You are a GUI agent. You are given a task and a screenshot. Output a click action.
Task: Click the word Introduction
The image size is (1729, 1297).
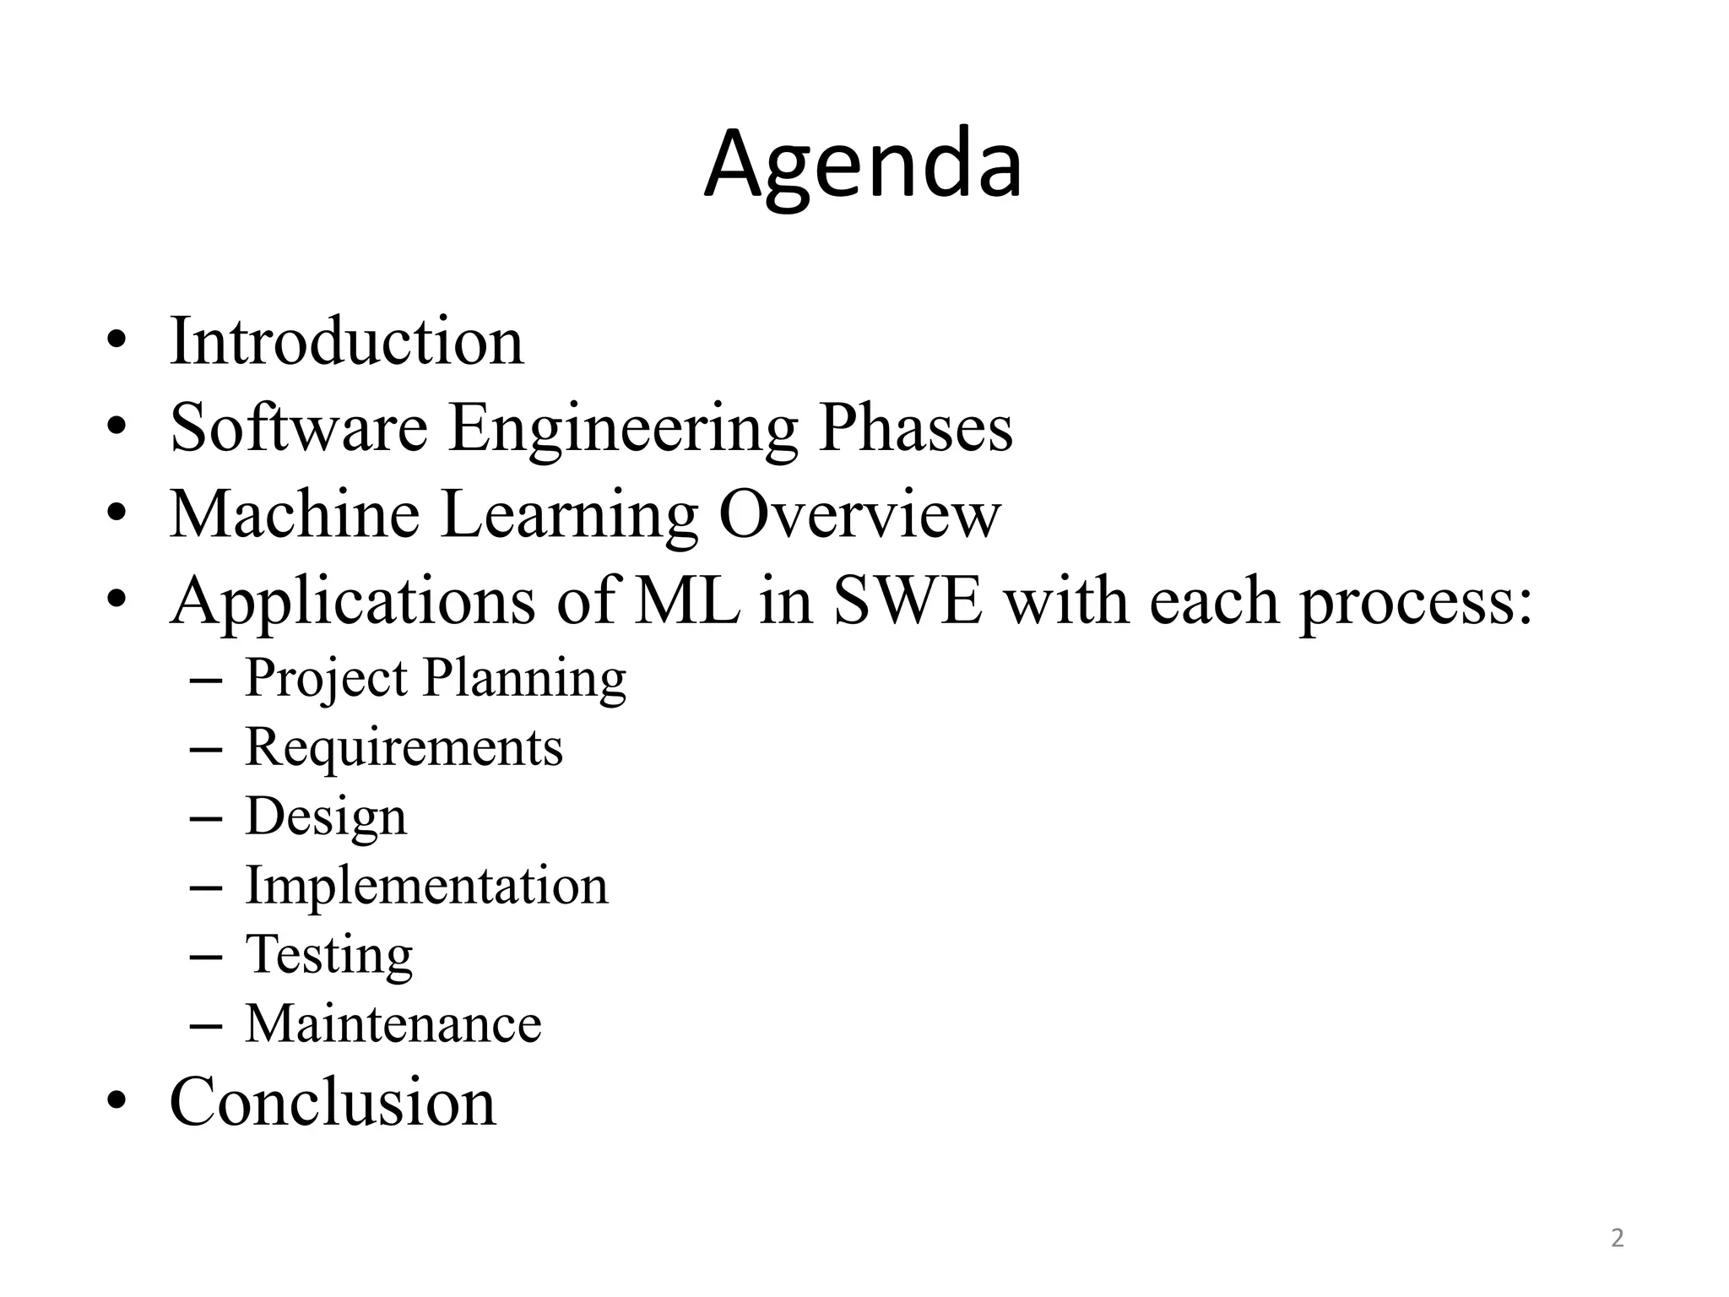(346, 341)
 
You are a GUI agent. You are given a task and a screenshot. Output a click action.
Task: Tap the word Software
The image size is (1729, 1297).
(299, 427)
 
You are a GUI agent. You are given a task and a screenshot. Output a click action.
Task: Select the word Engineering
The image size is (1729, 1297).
(623, 429)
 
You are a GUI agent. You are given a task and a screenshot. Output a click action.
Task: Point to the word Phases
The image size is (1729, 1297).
(915, 427)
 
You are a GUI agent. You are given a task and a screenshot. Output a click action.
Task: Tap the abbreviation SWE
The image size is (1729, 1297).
(908, 600)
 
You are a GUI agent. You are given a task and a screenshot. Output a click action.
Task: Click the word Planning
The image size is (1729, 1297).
(524, 678)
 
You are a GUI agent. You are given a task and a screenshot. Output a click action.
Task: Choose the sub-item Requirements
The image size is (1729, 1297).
(404, 747)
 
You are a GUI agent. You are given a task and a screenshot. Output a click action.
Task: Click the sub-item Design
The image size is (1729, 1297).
(326, 817)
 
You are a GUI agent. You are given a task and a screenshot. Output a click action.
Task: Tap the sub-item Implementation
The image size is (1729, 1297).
(426, 886)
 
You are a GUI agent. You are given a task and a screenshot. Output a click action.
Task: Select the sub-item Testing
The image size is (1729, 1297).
(329, 955)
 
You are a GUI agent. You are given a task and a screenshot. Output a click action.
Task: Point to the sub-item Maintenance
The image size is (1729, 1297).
(393, 1024)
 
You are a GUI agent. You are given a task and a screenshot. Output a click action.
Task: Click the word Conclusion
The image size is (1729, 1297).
(333, 1102)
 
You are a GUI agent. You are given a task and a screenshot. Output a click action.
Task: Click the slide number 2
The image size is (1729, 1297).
(1617, 1239)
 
